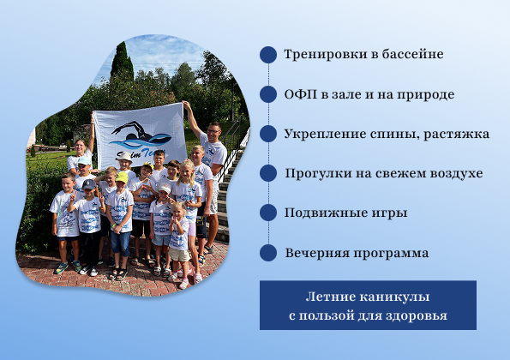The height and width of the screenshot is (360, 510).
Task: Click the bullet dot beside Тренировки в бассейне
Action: coord(268,55)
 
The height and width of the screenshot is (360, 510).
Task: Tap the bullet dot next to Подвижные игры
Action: coord(268,213)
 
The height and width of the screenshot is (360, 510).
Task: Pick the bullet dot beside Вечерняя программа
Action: coord(268,253)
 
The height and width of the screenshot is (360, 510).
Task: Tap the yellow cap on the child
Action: coord(122,177)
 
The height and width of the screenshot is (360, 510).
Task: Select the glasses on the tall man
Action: coord(213,131)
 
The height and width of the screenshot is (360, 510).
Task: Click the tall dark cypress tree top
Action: coord(121,54)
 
